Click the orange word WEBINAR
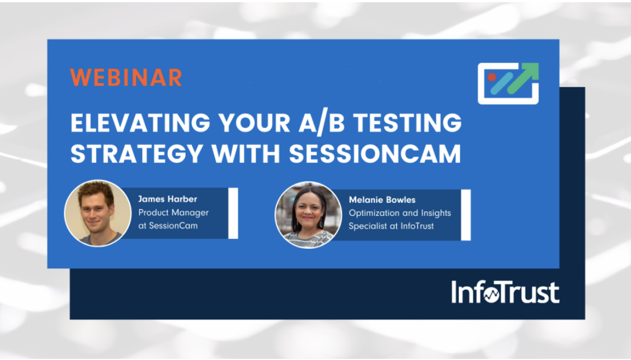tap(126, 78)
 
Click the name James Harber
tap(167, 199)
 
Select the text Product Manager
tap(173, 212)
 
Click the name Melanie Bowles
tap(382, 200)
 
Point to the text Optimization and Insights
tap(399, 213)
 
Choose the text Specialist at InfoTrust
tap(391, 226)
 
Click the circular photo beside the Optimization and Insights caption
tap(308, 215)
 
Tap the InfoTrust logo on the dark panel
tap(505, 292)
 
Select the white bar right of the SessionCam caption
tap(233, 213)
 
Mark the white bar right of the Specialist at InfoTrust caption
tap(465, 215)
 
